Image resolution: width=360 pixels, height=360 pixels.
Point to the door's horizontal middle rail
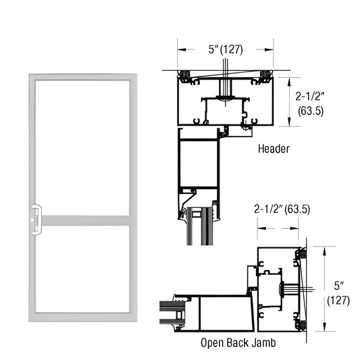click(x=81, y=221)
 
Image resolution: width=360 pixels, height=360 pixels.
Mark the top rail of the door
click(x=81, y=78)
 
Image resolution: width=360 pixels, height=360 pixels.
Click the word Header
click(x=274, y=147)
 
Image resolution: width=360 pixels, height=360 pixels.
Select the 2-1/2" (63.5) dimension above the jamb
click(x=282, y=209)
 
